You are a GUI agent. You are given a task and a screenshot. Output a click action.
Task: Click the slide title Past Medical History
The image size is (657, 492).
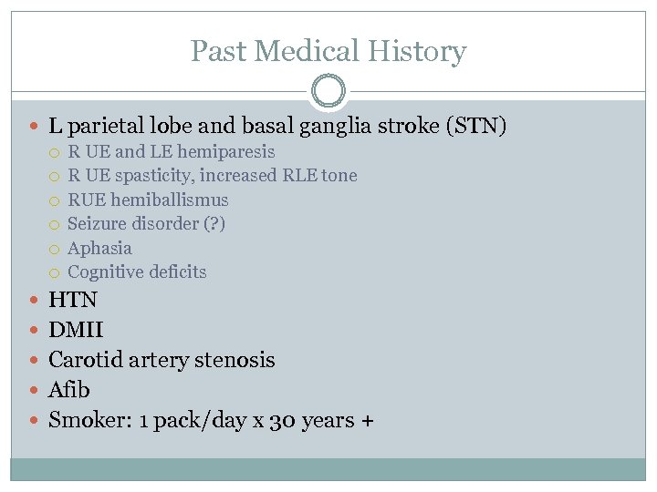point(328,51)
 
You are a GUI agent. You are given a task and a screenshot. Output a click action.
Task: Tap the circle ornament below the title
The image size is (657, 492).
point(328,91)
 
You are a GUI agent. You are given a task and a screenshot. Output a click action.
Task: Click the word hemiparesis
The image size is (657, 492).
point(227,151)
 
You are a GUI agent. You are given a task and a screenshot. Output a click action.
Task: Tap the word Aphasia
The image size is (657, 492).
point(99,248)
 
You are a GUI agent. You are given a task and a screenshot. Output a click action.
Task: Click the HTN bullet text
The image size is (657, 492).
point(73,300)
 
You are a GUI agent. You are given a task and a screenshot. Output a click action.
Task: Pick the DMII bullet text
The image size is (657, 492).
point(76,330)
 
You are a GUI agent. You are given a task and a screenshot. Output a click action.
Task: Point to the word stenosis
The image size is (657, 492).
point(239,360)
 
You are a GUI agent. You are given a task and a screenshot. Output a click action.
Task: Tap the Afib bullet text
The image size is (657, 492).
point(69,390)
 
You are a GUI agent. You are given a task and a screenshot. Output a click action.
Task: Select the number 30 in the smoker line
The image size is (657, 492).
point(282,420)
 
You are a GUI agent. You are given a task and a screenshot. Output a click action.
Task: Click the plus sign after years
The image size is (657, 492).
point(368,421)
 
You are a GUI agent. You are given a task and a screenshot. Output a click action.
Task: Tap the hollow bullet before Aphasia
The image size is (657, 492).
point(55,249)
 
